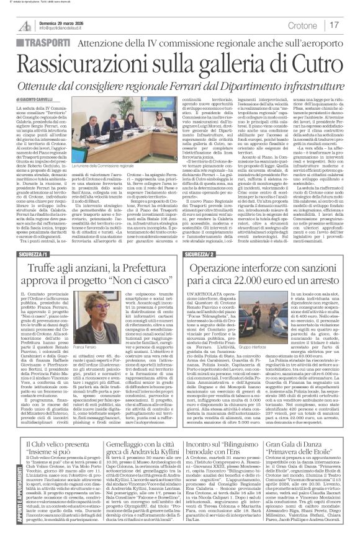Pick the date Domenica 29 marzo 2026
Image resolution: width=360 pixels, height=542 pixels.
coord(66,21)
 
